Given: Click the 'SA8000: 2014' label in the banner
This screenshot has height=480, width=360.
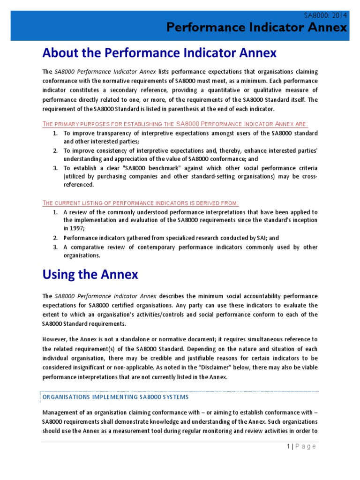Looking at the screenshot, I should point(325,15).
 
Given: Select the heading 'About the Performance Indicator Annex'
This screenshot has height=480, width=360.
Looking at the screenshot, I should point(159,53).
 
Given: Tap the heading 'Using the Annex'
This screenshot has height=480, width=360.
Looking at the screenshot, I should point(90,274).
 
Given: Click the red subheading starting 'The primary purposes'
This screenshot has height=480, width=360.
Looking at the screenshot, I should point(175,123).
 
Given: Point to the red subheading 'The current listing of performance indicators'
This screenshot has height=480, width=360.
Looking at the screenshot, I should point(141,202).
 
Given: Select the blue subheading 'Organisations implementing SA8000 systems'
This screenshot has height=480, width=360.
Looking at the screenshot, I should point(115,397).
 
